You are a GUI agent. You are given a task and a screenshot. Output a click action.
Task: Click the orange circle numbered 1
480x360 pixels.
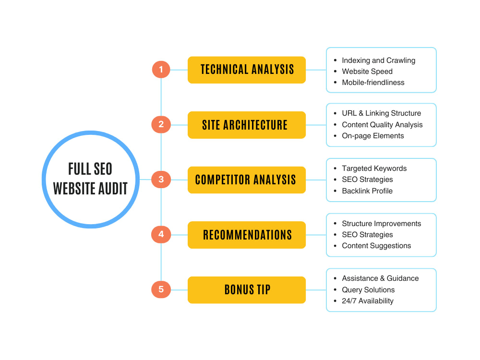point(161,70)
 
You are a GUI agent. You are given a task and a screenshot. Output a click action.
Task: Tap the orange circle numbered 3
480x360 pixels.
point(161,180)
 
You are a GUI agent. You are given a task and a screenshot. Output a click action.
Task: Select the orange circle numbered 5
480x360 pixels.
point(161,289)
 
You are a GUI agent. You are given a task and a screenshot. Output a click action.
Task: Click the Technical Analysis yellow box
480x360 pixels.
point(247,70)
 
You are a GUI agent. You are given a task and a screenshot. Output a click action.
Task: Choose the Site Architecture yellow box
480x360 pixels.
point(247,125)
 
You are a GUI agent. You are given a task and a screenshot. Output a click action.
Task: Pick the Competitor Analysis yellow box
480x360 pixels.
point(247,180)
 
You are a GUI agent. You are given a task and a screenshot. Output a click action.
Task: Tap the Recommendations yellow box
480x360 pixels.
point(247,235)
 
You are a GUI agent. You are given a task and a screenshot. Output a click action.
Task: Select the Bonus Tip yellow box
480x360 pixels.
point(247,290)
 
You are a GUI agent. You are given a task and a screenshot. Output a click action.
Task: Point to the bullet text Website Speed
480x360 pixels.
point(367,72)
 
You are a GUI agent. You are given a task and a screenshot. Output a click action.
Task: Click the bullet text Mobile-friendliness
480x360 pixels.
point(373,83)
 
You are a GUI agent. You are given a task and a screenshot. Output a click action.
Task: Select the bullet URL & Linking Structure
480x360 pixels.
point(381,113)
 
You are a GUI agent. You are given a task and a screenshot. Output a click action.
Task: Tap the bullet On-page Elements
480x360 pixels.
point(373,136)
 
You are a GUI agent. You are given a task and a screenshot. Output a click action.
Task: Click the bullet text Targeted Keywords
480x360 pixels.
point(374,168)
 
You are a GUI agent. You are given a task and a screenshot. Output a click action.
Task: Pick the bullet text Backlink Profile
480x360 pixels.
point(367,191)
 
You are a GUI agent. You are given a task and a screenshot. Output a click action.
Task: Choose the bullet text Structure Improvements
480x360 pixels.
point(382,224)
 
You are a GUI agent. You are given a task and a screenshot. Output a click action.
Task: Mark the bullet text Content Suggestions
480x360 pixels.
point(376,246)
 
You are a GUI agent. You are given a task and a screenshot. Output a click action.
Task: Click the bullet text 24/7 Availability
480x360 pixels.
point(367,301)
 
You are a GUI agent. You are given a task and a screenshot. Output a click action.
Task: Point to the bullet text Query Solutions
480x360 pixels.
point(368,290)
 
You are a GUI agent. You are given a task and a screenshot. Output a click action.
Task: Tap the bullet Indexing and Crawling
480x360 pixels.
point(378,60)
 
